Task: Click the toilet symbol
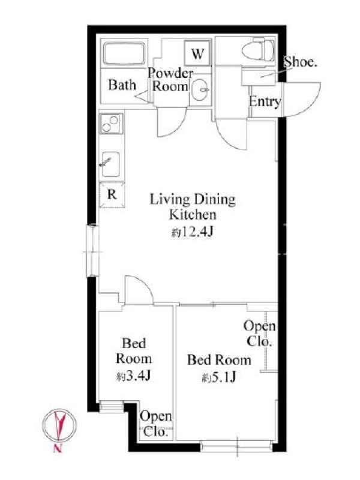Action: pyautogui.click(x=258, y=50)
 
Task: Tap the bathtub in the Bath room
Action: pyautogui.click(x=124, y=53)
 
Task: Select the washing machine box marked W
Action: pyautogui.click(x=197, y=53)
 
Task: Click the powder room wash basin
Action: pyautogui.click(x=201, y=89)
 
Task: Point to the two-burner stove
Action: pyautogui.click(x=111, y=124)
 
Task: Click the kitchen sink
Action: pyautogui.click(x=110, y=164)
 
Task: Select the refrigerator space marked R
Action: pyautogui.click(x=112, y=194)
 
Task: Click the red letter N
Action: pyautogui.click(x=57, y=448)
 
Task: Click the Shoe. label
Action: pyautogui.click(x=300, y=62)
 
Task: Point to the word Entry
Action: pyautogui.click(x=265, y=101)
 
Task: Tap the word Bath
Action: pyautogui.click(x=122, y=85)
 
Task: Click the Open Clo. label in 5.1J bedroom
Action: pyautogui.click(x=260, y=334)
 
